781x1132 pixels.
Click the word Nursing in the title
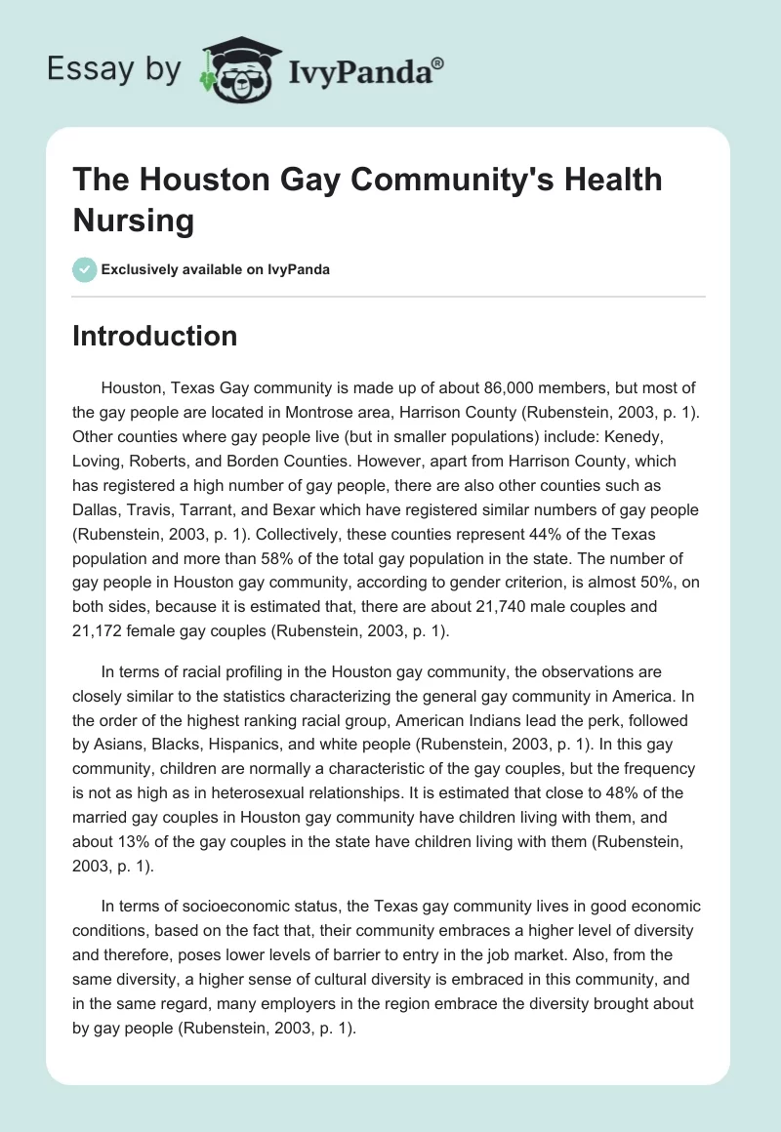point(134,220)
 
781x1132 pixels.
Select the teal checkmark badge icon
point(86,269)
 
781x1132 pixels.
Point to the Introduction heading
point(155,336)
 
